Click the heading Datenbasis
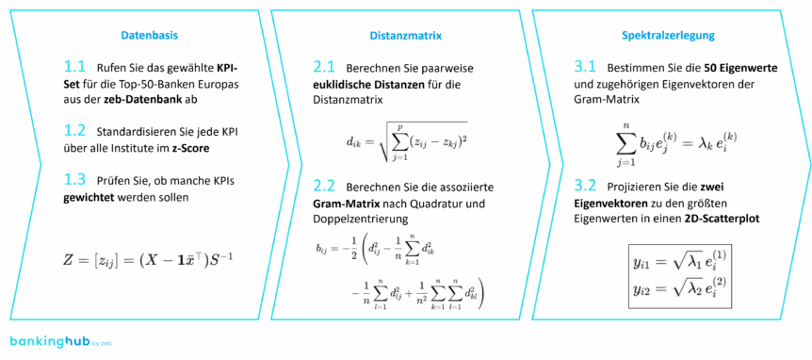pyautogui.click(x=149, y=35)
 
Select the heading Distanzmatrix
pyautogui.click(x=406, y=35)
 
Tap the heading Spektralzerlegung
pyautogui.click(x=668, y=35)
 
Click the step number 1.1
pyautogui.click(x=75, y=68)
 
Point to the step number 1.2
pyautogui.click(x=75, y=131)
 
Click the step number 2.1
pyautogui.click(x=325, y=68)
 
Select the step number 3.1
pyautogui.click(x=585, y=68)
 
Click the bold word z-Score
pyautogui.click(x=188, y=149)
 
